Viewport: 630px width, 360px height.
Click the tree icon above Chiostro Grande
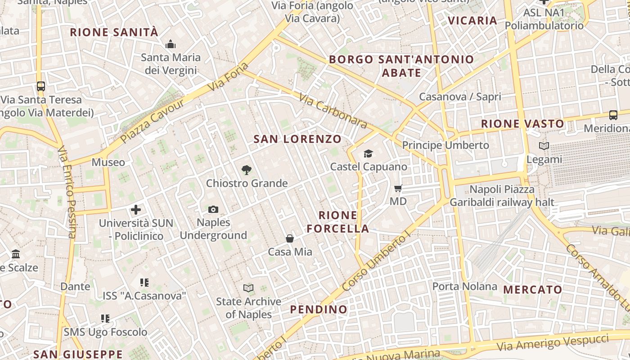pos(246,170)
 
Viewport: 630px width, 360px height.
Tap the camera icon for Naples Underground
pos(213,209)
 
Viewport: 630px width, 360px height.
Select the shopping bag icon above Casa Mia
pos(290,238)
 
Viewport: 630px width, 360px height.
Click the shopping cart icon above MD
pos(398,188)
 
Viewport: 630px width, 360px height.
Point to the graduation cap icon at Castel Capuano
pos(369,154)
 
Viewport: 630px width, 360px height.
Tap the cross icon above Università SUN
pos(136,210)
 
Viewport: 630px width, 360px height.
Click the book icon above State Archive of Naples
pos(248,288)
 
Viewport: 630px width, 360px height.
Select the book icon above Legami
pos(544,146)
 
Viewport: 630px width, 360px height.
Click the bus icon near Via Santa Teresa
pos(41,86)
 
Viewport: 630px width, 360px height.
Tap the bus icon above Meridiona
pos(613,115)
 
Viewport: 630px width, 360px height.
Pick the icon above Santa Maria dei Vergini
pos(171,44)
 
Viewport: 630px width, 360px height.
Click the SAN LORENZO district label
pos(297,139)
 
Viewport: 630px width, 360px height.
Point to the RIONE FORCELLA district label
pos(338,222)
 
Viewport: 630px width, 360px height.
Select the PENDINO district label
pos(319,309)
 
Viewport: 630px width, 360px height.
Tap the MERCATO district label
pos(533,289)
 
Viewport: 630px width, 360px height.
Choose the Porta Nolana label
pos(465,286)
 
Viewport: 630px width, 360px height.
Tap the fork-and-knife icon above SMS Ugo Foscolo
pos(105,319)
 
